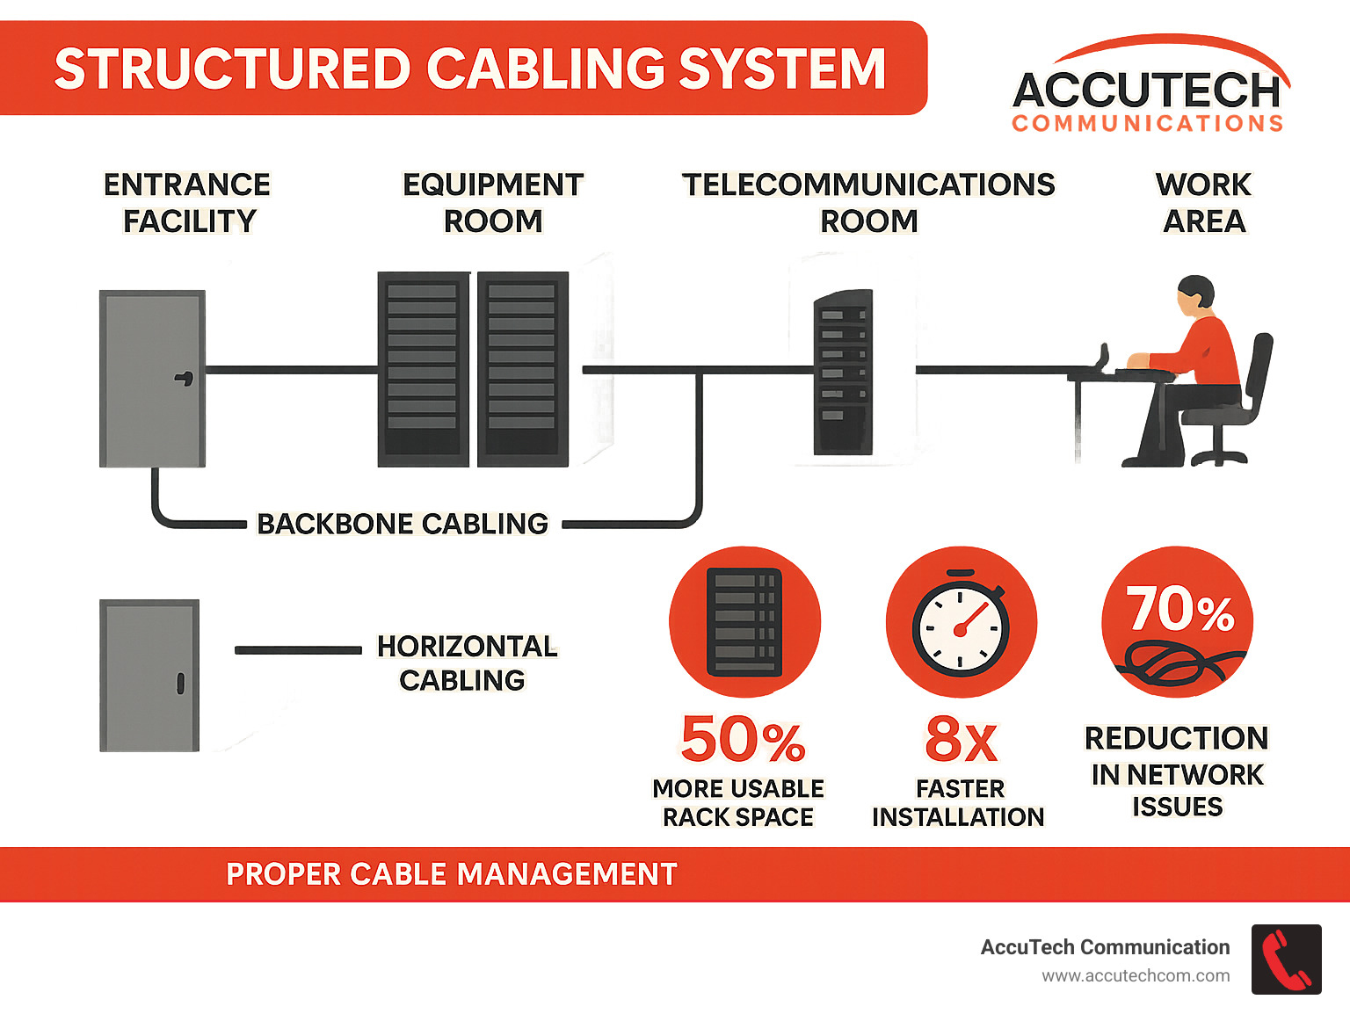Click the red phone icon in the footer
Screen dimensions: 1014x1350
pyautogui.click(x=1286, y=960)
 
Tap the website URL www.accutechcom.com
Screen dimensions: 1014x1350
pyautogui.click(x=1136, y=976)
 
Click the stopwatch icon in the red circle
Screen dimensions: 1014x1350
pyautogui.click(x=961, y=626)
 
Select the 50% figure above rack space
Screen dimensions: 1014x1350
pyautogui.click(x=743, y=739)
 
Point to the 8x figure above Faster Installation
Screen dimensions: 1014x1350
pyautogui.click(x=961, y=740)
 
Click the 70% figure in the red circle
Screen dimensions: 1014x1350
pyautogui.click(x=1180, y=608)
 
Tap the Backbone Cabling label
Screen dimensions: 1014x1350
pyautogui.click(x=403, y=524)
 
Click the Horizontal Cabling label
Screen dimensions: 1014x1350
pyautogui.click(x=466, y=663)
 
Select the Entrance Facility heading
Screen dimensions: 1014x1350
pyautogui.click(x=187, y=203)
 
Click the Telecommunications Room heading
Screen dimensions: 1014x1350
pyautogui.click(x=868, y=203)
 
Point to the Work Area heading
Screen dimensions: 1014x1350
pyautogui.click(x=1203, y=203)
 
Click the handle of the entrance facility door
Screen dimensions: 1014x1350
pyautogui.click(x=185, y=378)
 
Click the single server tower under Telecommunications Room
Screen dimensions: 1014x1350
pyautogui.click(x=843, y=373)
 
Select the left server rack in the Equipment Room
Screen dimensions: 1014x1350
pyautogui.click(x=423, y=369)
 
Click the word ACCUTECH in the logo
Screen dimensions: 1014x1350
pyautogui.click(x=1147, y=91)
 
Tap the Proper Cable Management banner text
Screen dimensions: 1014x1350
pyautogui.click(x=452, y=874)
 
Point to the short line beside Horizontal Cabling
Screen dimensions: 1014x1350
pyautogui.click(x=298, y=650)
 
